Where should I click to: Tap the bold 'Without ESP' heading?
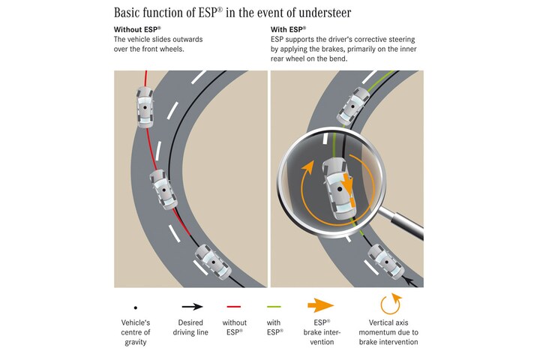tap(137, 29)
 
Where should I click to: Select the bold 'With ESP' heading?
tap(288, 29)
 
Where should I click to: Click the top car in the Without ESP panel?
tap(145, 107)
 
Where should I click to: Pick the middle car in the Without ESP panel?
tap(163, 190)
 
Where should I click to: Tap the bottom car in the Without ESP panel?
tap(213, 262)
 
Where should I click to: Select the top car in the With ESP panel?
tap(353, 106)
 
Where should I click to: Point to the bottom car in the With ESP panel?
tap(386, 262)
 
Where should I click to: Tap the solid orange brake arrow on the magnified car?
tap(348, 184)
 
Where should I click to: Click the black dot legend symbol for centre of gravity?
tap(136, 307)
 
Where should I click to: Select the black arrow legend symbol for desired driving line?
tap(193, 306)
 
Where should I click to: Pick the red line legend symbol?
tap(234, 306)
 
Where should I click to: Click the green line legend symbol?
tap(274, 306)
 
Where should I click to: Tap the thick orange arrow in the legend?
tap(321, 305)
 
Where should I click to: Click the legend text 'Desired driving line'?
tap(190, 328)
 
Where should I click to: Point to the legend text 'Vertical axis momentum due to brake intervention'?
tap(388, 332)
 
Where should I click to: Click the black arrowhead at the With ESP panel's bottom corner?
tap(409, 282)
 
